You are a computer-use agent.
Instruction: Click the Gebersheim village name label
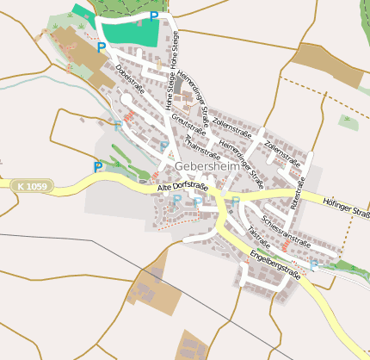tap(207, 165)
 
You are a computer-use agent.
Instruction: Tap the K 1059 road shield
tap(34, 185)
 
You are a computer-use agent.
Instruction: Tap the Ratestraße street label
tap(298, 193)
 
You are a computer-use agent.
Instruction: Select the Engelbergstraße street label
tap(274, 264)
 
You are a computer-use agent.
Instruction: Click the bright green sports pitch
tap(129, 31)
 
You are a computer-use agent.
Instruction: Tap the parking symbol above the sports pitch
tap(154, 16)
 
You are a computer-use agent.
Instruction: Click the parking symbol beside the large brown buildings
tap(102, 48)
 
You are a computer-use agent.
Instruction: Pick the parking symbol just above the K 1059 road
tap(97, 166)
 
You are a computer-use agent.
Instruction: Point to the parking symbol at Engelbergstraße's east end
tap(314, 264)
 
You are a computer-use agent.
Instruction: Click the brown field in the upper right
tap(327, 65)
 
